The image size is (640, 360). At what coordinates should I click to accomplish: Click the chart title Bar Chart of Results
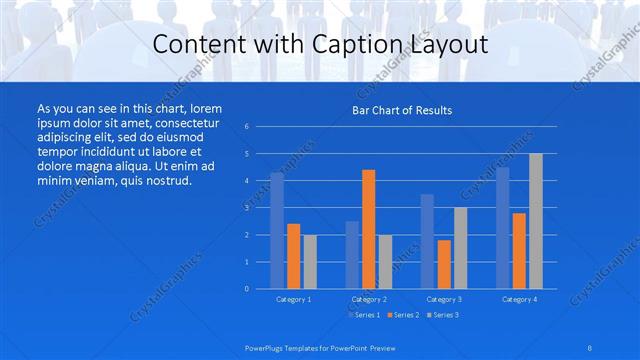(402, 110)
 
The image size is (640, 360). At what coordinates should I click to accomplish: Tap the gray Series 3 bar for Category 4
(535, 221)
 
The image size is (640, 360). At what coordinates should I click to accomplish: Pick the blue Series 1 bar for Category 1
(277, 230)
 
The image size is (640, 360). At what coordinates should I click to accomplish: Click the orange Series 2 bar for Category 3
(444, 264)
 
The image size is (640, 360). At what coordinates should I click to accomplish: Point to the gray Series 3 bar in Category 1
(310, 261)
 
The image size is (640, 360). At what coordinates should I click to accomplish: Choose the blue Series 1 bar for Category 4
(503, 228)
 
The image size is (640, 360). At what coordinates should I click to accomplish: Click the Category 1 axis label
(293, 299)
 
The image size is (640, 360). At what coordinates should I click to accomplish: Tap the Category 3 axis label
(444, 299)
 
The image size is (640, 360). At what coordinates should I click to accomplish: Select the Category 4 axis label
(519, 299)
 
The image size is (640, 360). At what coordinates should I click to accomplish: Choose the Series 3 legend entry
(443, 315)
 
